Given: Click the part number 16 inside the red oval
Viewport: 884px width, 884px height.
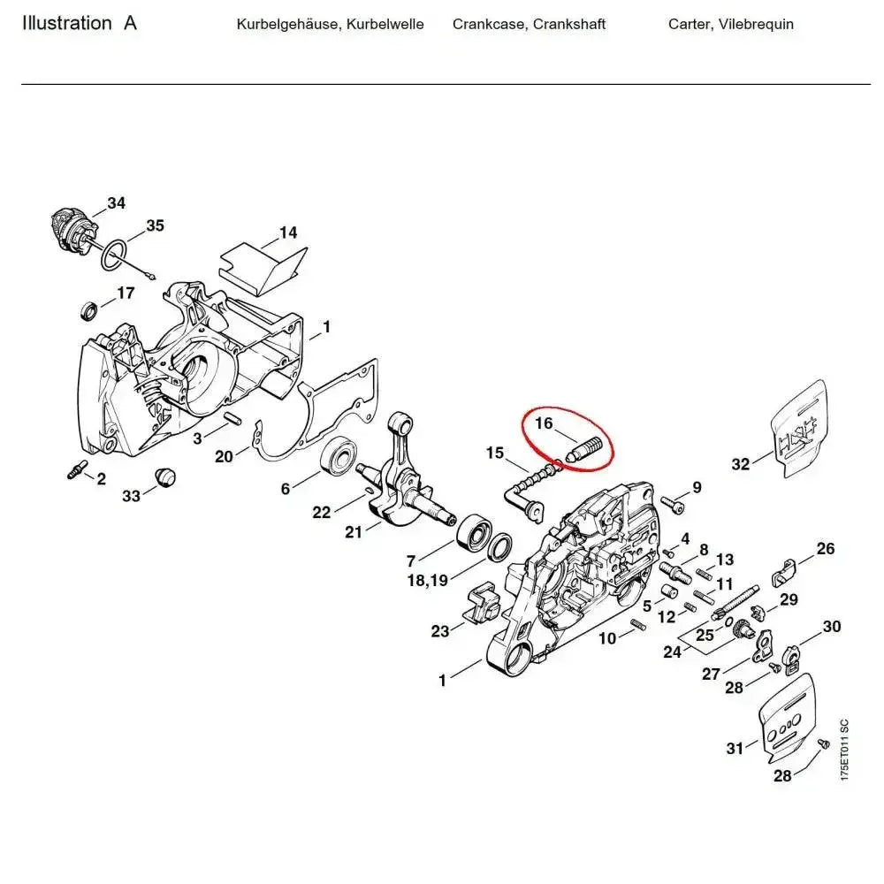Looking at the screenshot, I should tap(543, 423).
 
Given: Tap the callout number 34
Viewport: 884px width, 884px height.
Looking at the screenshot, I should tap(117, 203).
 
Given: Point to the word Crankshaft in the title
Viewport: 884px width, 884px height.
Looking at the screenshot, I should tap(569, 24).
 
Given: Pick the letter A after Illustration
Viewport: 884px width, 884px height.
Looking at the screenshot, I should tap(130, 24).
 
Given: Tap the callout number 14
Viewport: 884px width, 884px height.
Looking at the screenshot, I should tap(288, 233).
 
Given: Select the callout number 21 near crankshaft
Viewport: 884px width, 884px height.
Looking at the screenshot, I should tap(354, 531).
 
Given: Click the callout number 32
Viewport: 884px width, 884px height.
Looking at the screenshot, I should tap(741, 464).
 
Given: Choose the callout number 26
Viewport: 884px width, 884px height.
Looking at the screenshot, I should tap(825, 549).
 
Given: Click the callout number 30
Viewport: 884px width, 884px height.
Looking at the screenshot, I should tap(831, 627).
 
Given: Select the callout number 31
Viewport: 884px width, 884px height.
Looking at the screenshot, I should tap(735, 749).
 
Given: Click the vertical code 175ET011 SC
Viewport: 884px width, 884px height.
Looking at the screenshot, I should tap(844, 749).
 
